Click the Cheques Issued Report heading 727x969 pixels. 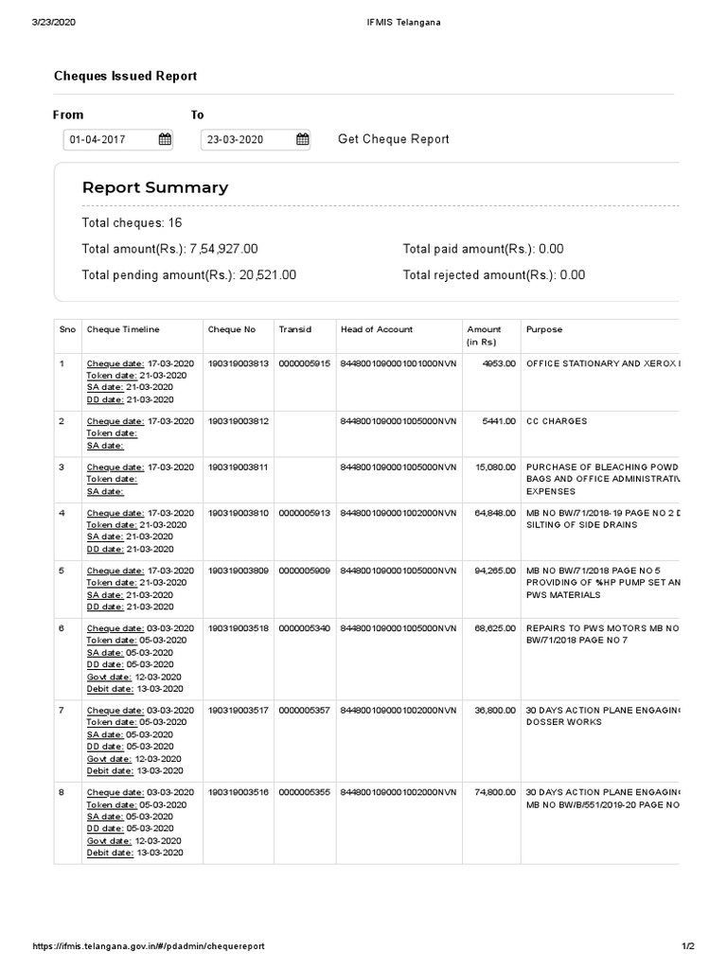click(x=125, y=76)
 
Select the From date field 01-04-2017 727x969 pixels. click(x=107, y=140)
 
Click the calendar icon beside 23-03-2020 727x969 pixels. click(x=302, y=140)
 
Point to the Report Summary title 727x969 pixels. click(x=155, y=187)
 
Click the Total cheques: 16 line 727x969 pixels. click(x=132, y=222)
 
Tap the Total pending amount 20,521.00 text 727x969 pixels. click(x=189, y=275)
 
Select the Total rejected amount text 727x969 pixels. click(x=493, y=275)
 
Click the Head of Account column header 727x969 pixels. click(x=377, y=329)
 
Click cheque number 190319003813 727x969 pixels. click(x=239, y=363)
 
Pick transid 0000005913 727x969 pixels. click(x=304, y=512)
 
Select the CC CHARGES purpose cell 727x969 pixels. click(x=557, y=421)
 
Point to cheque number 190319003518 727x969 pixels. click(x=239, y=627)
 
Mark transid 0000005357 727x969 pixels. click(x=304, y=710)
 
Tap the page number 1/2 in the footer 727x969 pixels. click(x=688, y=946)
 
